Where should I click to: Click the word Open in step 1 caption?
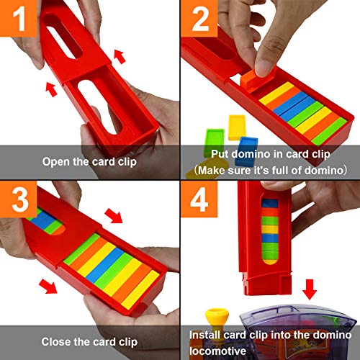55,161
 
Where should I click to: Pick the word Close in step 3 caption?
56,341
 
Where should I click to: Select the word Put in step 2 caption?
220,153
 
